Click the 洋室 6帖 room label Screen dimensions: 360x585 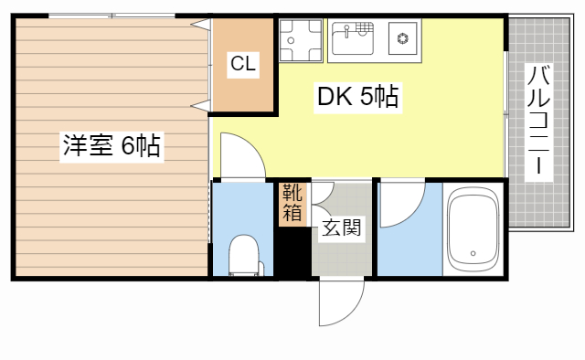tap(111, 146)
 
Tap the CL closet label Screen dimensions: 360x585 tap(242, 64)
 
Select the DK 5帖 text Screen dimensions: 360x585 tap(357, 96)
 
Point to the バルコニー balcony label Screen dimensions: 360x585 tap(537, 119)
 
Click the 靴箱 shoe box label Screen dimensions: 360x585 tap(292, 203)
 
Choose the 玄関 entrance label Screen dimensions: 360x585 tap(341, 228)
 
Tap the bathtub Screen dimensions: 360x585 tap(473, 230)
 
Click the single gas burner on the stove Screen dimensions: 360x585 tap(401, 39)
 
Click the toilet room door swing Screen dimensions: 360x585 tap(240, 155)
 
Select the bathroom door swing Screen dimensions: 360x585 tap(399, 206)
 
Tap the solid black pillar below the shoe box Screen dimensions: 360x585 tap(292, 250)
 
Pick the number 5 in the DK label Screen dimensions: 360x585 tap(366, 96)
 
